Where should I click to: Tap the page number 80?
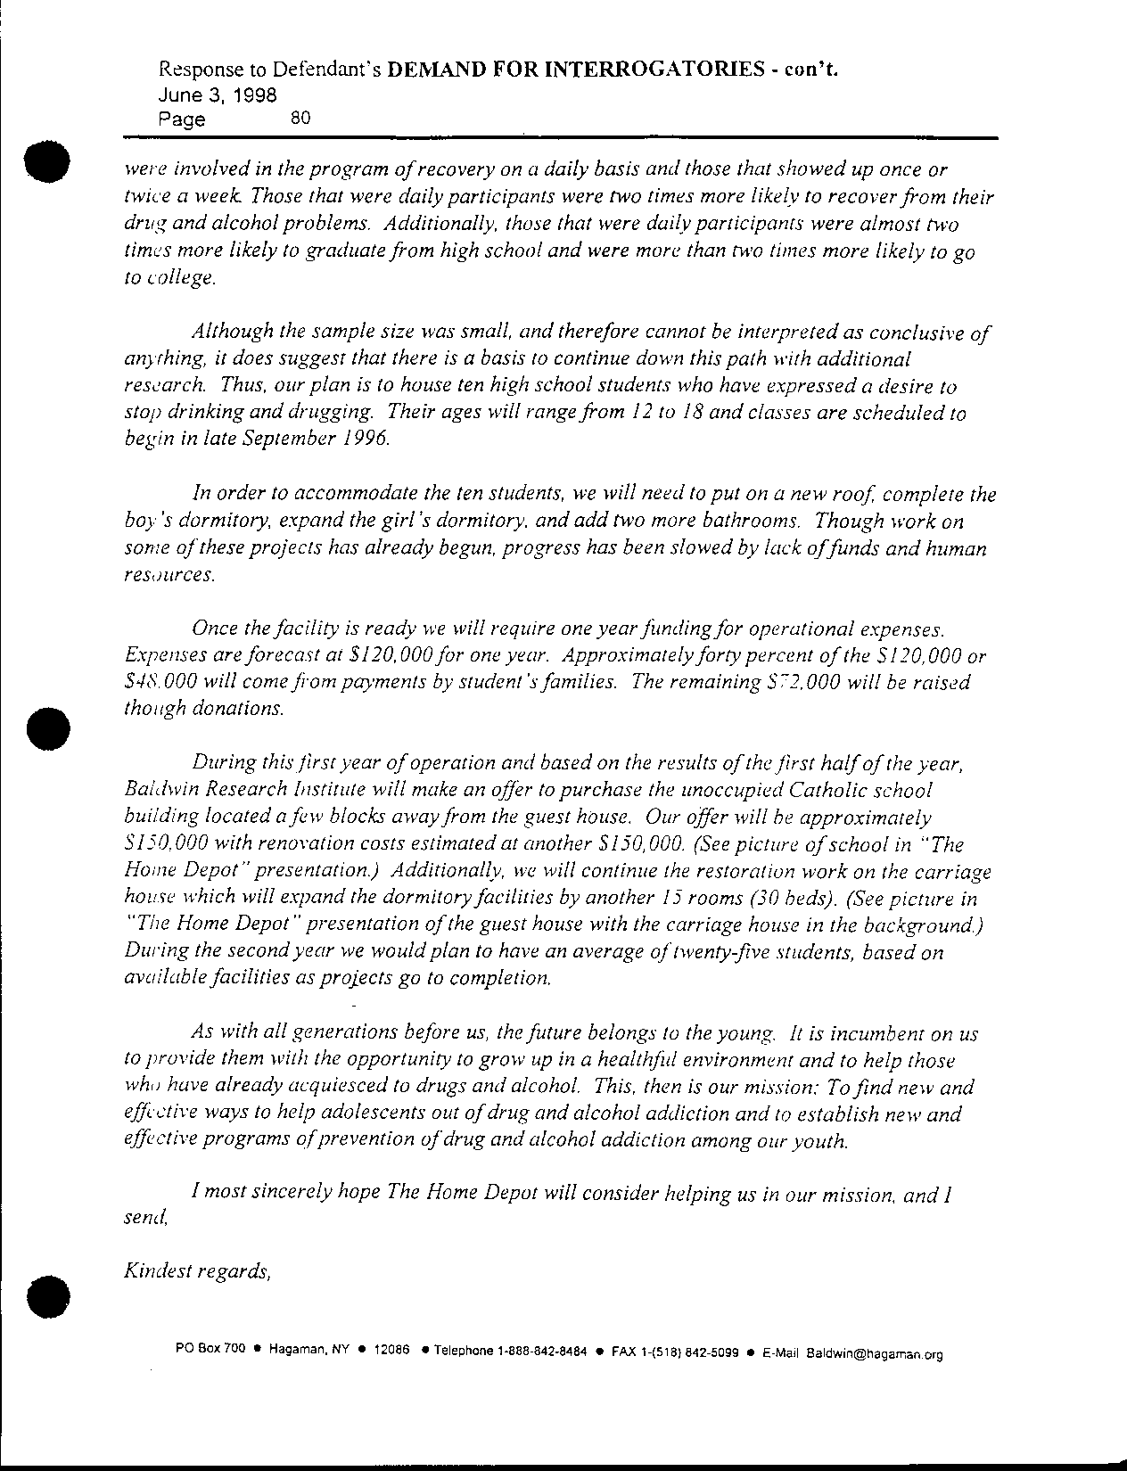click(300, 117)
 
